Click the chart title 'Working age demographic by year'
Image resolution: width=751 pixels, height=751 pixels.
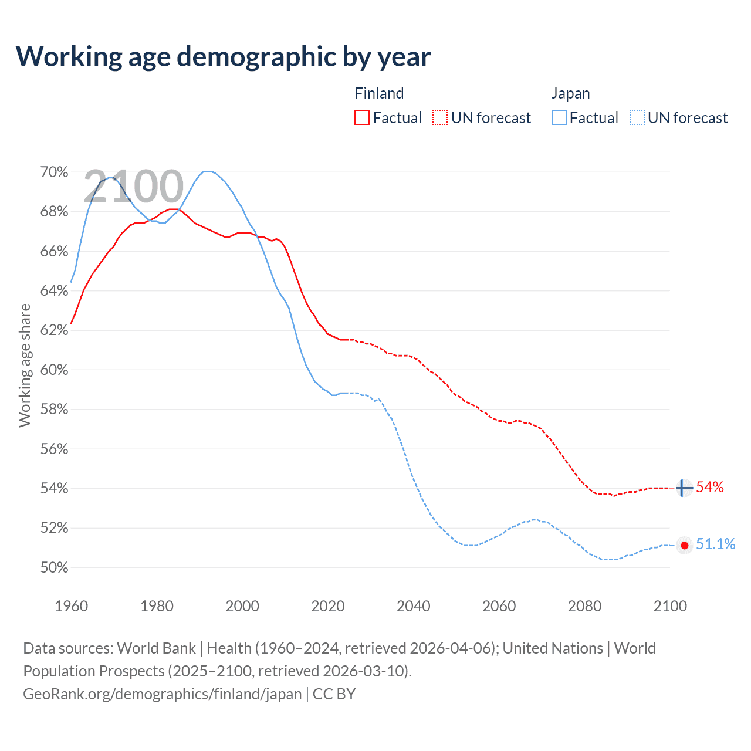pyautogui.click(x=223, y=56)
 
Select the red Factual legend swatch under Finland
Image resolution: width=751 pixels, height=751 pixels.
pyautogui.click(x=362, y=117)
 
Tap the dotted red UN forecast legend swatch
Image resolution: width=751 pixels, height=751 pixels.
pyautogui.click(x=440, y=117)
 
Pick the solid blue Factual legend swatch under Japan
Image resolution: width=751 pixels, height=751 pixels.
pyautogui.click(x=559, y=117)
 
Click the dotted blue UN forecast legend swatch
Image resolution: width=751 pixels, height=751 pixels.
pyautogui.click(x=637, y=117)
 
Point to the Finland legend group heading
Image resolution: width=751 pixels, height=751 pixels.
pyautogui.click(x=379, y=93)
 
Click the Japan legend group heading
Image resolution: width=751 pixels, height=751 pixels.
pyautogui.click(x=570, y=93)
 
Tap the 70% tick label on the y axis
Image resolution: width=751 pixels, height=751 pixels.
pyautogui.click(x=54, y=172)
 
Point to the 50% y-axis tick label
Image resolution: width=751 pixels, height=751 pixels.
pyautogui.click(x=54, y=567)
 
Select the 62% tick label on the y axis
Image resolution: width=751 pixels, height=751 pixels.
pyautogui.click(x=54, y=330)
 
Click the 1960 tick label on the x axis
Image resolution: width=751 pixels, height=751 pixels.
pyautogui.click(x=71, y=606)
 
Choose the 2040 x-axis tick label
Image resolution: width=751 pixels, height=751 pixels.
pyautogui.click(x=413, y=606)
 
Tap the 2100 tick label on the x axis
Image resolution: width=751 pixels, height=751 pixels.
pyautogui.click(x=670, y=606)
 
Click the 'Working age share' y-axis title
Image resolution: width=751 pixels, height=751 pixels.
pyautogui.click(x=25, y=365)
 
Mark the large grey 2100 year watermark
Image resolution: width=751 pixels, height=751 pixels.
pyautogui.click(x=134, y=187)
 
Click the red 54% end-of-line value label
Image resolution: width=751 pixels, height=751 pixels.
pyautogui.click(x=710, y=488)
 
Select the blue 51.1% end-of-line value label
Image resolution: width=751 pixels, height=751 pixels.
pyautogui.click(x=715, y=544)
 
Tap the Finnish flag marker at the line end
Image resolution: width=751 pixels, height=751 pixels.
pyautogui.click(x=684, y=488)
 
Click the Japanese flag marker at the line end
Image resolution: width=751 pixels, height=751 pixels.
pyautogui.click(x=684, y=545)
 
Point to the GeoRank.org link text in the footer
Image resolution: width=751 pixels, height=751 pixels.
pyautogui.click(x=162, y=694)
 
